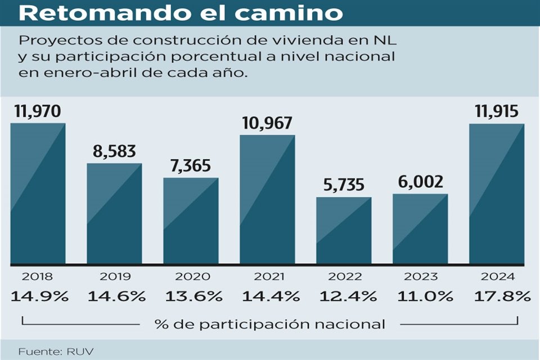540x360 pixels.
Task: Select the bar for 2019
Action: pyautogui.click(x=114, y=213)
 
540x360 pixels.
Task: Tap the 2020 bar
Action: pyautogui.click(x=191, y=220)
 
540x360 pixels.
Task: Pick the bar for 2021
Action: pyautogui.click(x=267, y=199)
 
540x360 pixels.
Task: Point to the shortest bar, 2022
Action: pyautogui.click(x=344, y=230)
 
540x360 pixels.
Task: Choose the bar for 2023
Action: pyautogui.click(x=420, y=228)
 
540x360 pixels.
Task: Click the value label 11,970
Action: pyautogui.click(x=38, y=112)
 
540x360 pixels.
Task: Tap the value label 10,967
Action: pyautogui.click(x=267, y=123)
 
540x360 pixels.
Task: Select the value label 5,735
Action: pyautogui.click(x=344, y=185)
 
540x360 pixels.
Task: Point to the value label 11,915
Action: pyautogui.click(x=497, y=112)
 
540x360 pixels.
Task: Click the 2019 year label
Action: pyautogui.click(x=115, y=277)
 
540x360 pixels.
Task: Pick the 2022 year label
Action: pyautogui.click(x=344, y=277)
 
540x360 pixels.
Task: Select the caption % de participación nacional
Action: pyautogui.click(x=270, y=324)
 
